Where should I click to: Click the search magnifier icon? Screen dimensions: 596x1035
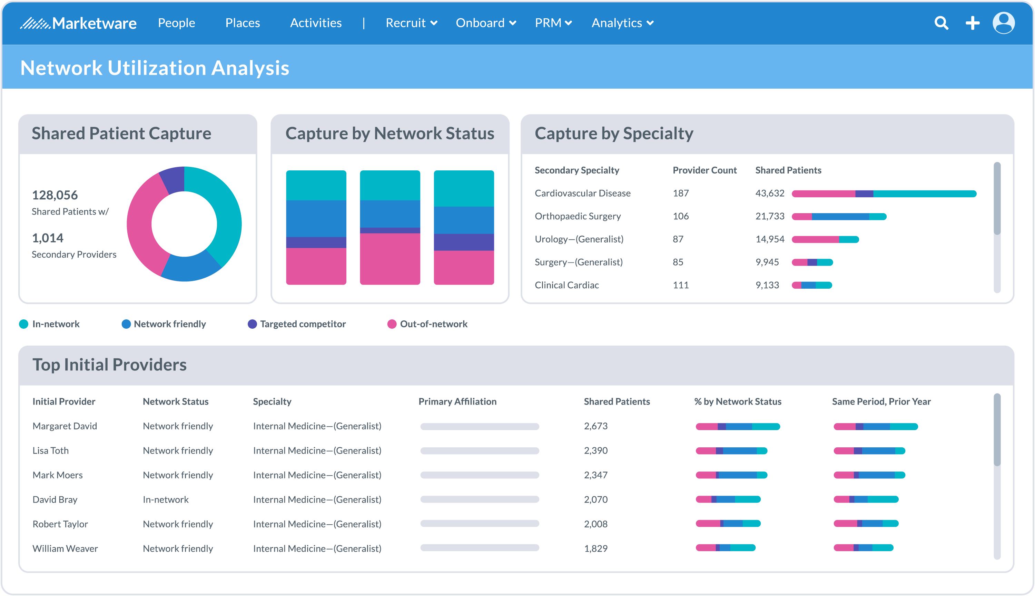[941, 23]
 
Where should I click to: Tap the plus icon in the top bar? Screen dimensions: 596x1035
[972, 23]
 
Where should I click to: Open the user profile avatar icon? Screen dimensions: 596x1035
[1004, 23]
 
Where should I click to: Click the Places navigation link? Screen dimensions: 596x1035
[243, 23]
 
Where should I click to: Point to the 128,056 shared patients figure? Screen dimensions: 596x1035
[55, 195]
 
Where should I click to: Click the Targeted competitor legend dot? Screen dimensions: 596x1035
[252, 324]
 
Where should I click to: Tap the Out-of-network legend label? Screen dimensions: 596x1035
[433, 324]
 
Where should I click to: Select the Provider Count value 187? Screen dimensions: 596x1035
[680, 193]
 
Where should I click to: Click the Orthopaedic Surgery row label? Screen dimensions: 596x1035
[577, 216]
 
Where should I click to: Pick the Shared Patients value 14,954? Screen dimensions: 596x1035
[770, 239]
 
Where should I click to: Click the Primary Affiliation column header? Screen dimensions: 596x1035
[457, 401]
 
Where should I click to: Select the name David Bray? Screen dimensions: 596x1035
[55, 499]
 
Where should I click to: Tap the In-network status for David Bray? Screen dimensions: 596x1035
[165, 499]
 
